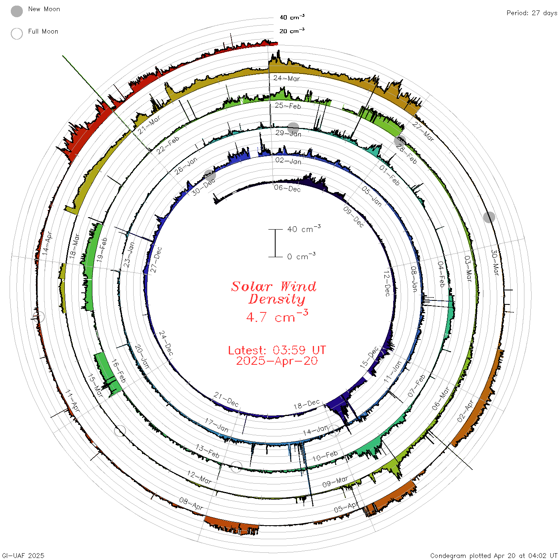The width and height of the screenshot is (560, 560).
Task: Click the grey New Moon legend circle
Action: point(17,11)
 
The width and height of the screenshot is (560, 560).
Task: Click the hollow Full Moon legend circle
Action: point(17,34)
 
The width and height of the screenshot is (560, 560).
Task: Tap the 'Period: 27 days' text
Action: point(532,13)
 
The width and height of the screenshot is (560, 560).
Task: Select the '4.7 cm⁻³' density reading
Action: point(277,316)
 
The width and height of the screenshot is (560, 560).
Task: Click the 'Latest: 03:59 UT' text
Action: point(277,350)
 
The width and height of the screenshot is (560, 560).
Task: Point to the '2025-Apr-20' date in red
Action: point(277,361)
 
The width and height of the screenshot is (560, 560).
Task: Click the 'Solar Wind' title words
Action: point(274,286)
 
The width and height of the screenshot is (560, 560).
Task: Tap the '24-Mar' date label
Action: point(286,78)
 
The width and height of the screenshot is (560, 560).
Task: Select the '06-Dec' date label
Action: point(287,189)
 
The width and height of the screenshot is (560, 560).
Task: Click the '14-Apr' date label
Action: point(47,243)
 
